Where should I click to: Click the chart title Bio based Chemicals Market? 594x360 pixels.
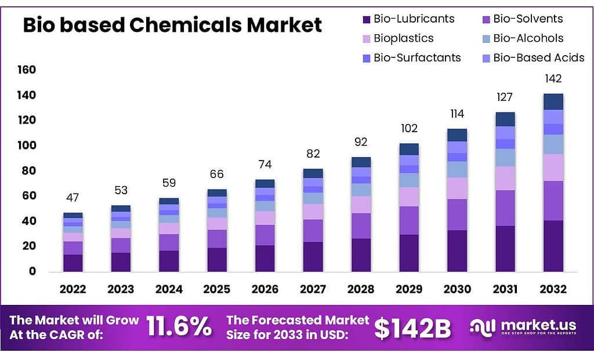pos(172,25)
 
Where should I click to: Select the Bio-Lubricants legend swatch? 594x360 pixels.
pos(366,19)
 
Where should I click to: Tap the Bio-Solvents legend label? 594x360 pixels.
pos(528,19)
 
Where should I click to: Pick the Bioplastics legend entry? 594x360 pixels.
pos(403,38)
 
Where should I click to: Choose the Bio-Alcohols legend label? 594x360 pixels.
pos(528,38)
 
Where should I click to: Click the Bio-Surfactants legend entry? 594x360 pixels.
pos(417,57)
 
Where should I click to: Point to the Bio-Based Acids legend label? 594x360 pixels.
pos(538,57)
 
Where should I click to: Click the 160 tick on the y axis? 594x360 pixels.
pos(27,70)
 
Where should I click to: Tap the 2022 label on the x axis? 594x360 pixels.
pos(73,289)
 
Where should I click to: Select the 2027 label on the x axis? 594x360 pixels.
pos(313,289)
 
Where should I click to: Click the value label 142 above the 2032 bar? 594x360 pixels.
pos(553,79)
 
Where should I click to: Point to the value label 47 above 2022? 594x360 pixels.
pos(73,198)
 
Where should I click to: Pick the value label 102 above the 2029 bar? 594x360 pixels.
pos(409,128)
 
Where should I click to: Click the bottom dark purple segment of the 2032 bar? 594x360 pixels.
pos(553,246)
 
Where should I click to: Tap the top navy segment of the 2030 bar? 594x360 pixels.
pos(457,134)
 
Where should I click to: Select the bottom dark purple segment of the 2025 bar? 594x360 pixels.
pos(217,259)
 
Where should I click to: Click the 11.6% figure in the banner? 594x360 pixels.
pos(179,328)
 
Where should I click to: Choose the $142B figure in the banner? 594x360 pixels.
pos(412,328)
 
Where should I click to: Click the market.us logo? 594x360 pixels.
pos(523,328)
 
